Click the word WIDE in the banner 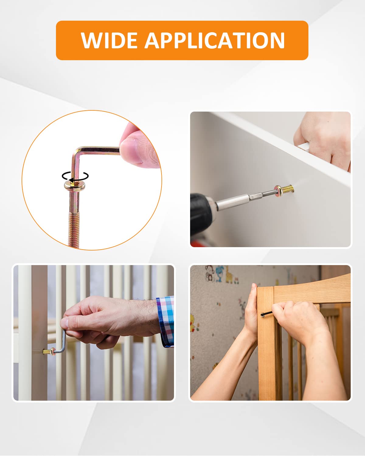[x=109, y=40]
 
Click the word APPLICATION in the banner [x=214, y=40]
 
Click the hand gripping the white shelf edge [x=322, y=140]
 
